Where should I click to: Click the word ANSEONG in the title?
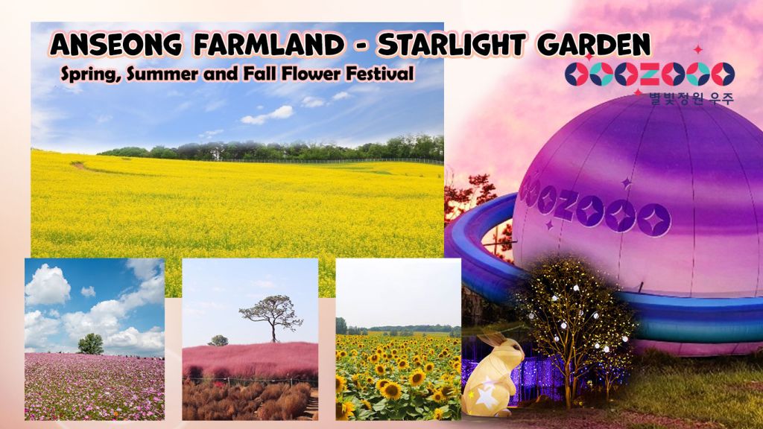coord(116,45)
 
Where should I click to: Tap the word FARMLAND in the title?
coord(268,45)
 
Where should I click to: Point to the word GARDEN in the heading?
coord(594,45)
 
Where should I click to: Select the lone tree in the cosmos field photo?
coord(91,344)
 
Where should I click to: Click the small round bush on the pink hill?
coord(218,340)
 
